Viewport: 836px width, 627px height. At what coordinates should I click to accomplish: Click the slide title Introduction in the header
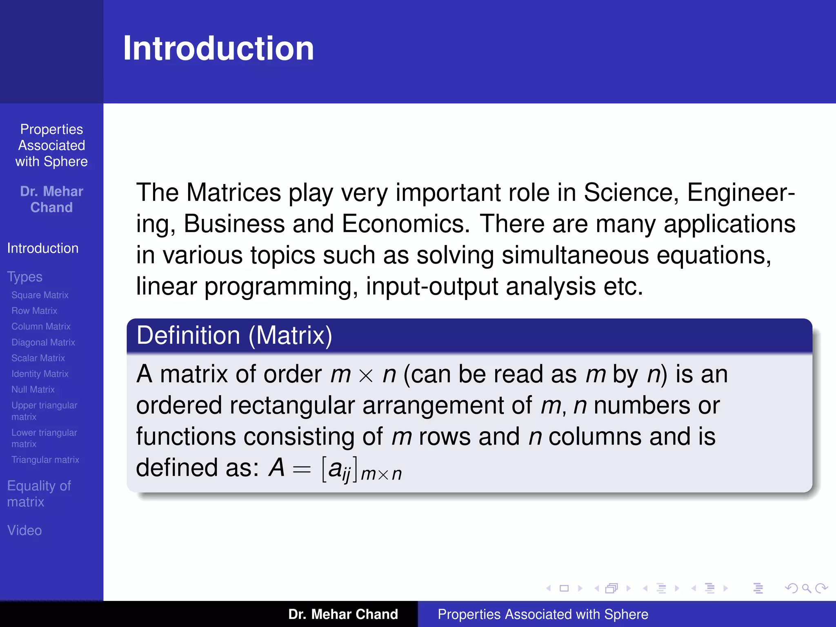tap(218, 49)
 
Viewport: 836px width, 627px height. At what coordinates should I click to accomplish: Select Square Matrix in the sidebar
tap(40, 295)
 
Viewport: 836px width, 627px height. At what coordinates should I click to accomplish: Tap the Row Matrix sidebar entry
tap(34, 311)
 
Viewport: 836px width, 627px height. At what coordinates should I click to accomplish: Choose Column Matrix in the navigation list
tap(41, 327)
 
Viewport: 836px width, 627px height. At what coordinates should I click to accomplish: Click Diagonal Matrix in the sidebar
tap(43, 342)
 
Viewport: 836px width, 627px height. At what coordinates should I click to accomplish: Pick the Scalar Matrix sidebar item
tap(38, 358)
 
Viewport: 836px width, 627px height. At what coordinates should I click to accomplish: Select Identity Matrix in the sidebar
tap(40, 374)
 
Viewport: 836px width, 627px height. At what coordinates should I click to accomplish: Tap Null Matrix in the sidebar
tap(33, 390)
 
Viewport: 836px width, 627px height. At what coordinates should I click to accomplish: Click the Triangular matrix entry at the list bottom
tap(45, 460)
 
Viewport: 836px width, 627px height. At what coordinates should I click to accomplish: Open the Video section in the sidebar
tap(24, 531)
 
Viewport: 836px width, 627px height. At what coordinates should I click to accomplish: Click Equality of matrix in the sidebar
tap(39, 494)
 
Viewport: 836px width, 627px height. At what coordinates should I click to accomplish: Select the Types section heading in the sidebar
tap(25, 277)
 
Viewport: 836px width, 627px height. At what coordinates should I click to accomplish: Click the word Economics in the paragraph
tap(406, 224)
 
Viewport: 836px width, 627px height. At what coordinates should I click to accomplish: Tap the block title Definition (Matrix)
tap(234, 336)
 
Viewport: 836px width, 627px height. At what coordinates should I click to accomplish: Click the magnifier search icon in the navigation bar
tap(806, 588)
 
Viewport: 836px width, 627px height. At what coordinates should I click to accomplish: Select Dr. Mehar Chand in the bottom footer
tap(343, 614)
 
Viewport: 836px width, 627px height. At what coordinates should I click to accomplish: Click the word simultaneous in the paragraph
tap(575, 256)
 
